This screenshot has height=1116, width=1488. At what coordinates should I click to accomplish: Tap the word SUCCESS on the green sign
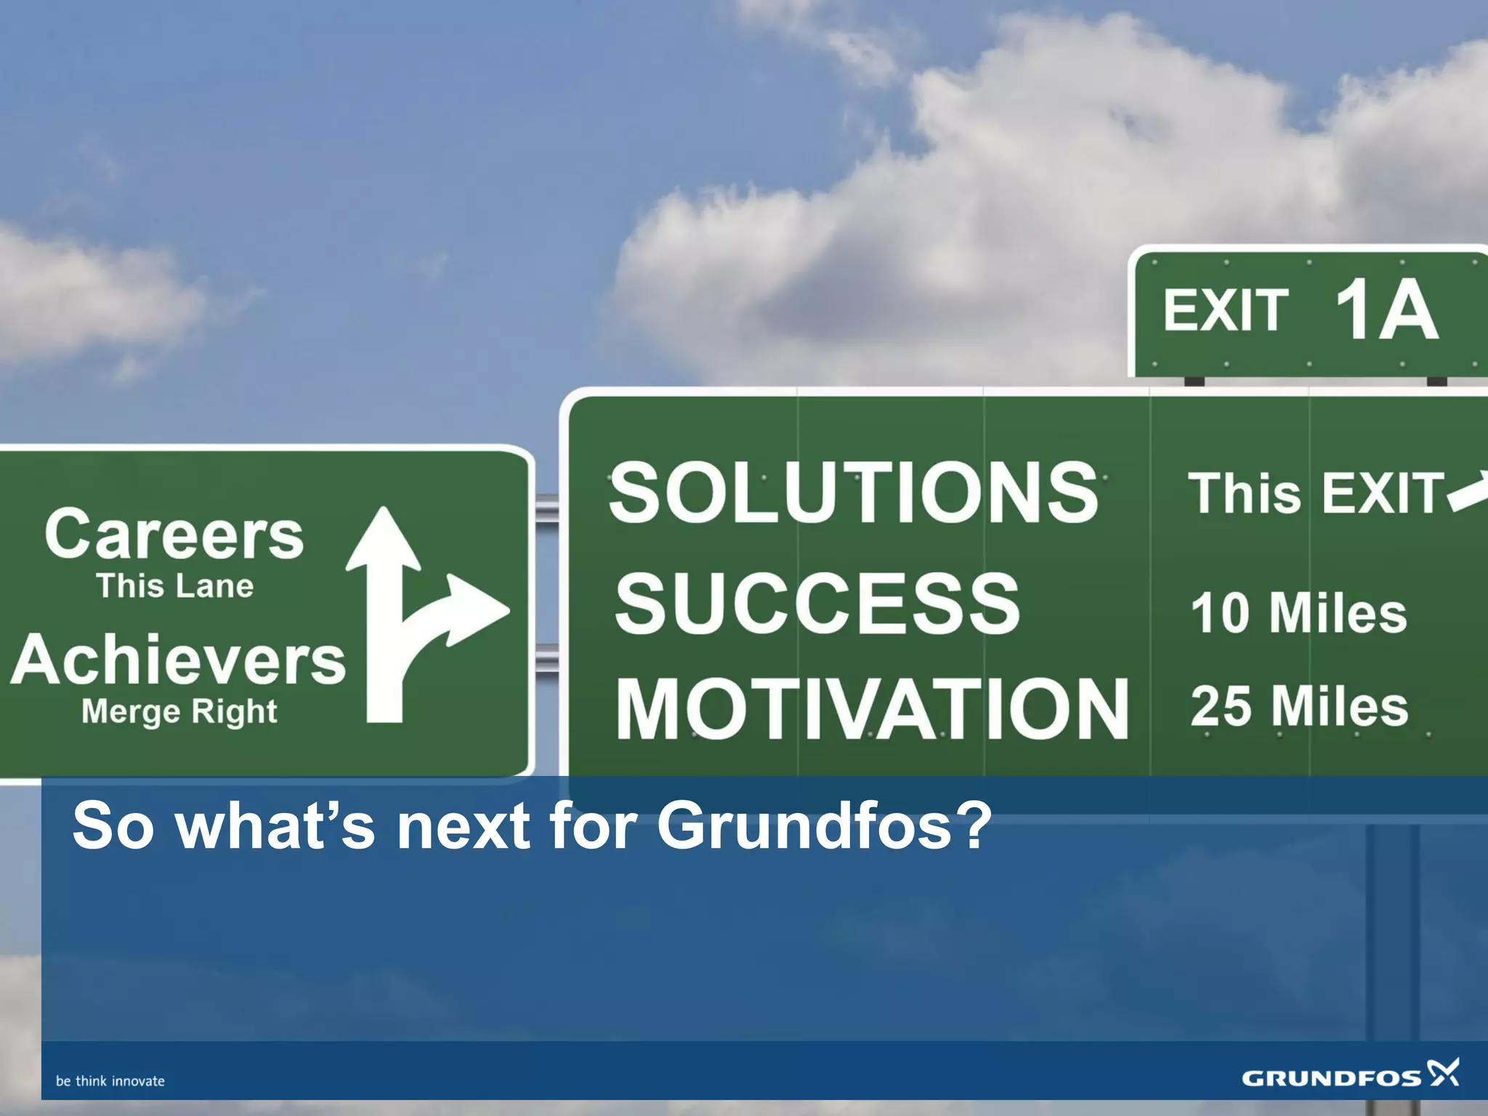click(x=817, y=603)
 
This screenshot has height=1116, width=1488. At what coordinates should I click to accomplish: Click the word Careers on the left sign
click(x=174, y=535)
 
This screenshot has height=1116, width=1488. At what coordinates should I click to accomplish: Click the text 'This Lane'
click(x=175, y=586)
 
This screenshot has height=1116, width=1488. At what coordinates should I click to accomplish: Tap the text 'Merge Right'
click(x=179, y=711)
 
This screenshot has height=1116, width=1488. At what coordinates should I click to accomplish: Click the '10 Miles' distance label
click(x=1299, y=613)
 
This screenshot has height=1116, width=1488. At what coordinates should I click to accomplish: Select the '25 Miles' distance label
click(x=1299, y=706)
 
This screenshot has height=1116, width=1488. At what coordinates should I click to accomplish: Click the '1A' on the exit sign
click(x=1386, y=310)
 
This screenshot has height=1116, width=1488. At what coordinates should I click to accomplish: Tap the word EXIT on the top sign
click(x=1226, y=311)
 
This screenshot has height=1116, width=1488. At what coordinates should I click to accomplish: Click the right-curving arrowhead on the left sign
click(x=476, y=609)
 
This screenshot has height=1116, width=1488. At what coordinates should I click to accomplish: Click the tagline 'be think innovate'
click(x=110, y=1081)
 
